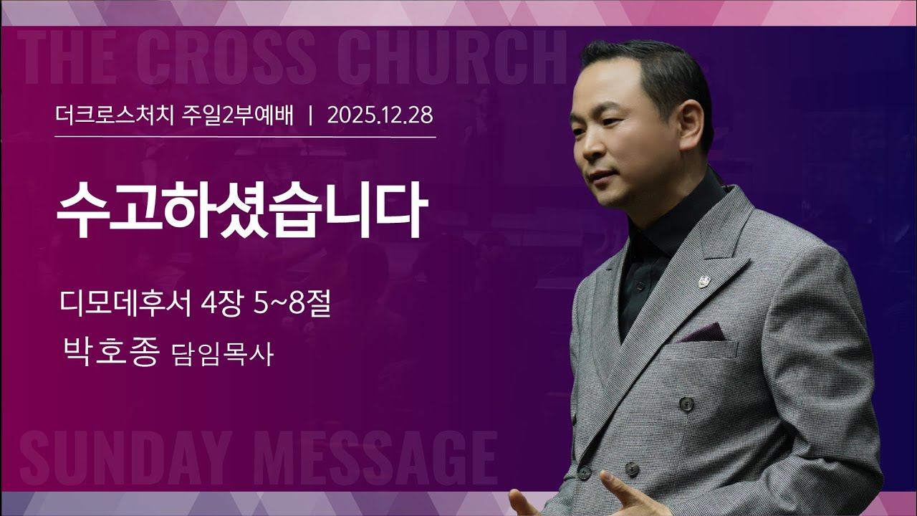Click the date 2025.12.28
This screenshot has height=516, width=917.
coord(380,115)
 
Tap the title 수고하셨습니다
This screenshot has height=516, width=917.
coord(241,209)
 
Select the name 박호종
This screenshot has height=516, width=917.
coord(110,353)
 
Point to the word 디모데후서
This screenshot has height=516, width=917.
coord(126,307)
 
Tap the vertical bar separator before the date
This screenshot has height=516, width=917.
coord(310,115)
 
